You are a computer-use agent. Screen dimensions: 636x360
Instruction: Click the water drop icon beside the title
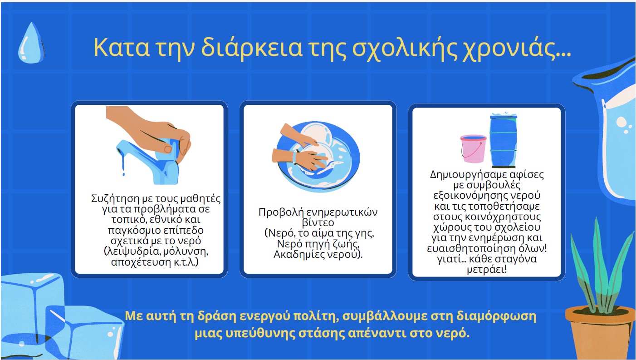[31, 43]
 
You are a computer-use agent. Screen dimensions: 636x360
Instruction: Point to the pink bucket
[473, 148]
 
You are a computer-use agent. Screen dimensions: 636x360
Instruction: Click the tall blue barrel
[504, 141]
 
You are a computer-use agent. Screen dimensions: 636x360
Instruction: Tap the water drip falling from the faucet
[123, 164]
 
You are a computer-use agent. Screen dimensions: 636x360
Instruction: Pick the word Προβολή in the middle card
[280, 212]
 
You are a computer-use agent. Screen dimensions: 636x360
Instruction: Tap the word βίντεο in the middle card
[318, 222]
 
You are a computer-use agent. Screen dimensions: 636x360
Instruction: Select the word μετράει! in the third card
[487, 269]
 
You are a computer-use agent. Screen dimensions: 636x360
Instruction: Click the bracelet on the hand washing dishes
[295, 157]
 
